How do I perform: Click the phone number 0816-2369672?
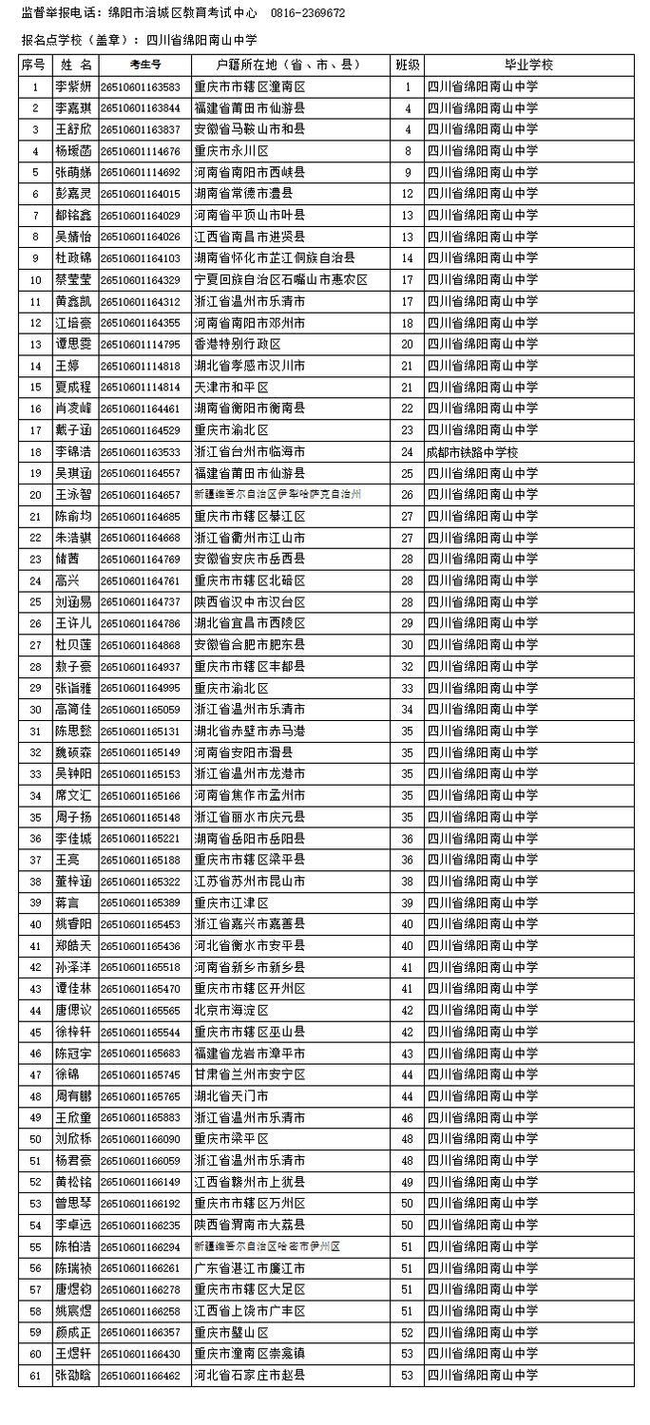[308, 13]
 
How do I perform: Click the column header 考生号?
[144, 65]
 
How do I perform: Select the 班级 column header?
[407, 65]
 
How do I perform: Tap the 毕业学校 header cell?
[528, 65]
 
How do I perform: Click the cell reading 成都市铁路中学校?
[472, 452]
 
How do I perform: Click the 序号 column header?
[34, 65]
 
